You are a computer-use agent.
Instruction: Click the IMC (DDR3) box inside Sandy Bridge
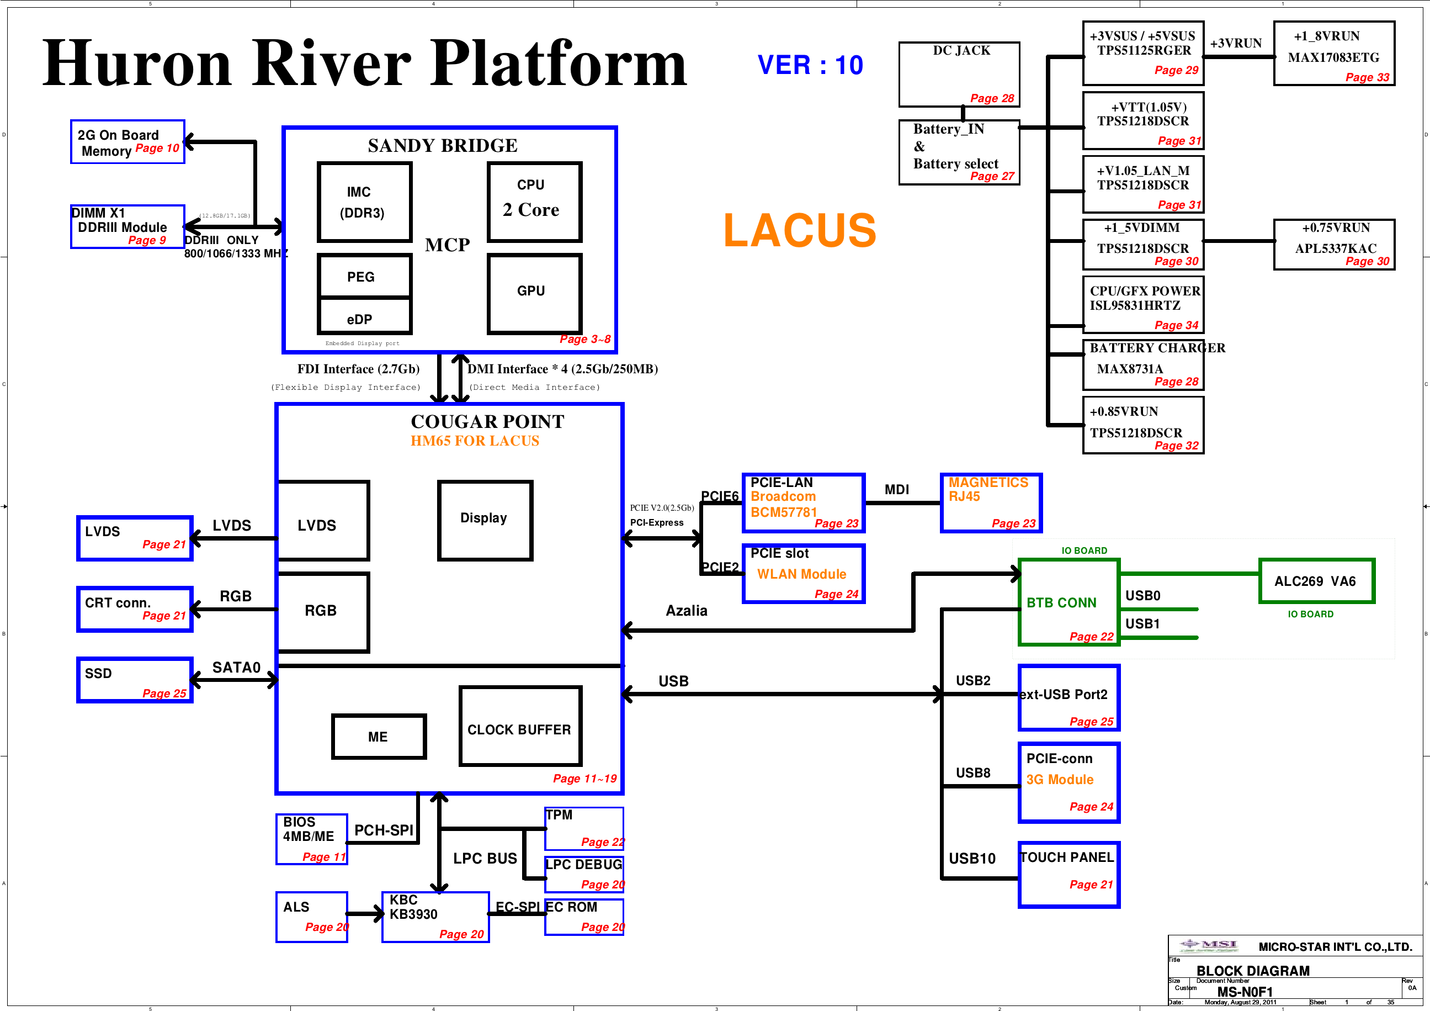(364, 202)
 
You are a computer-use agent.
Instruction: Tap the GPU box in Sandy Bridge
(534, 293)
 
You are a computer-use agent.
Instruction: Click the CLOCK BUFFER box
(520, 726)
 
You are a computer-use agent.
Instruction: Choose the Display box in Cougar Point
(485, 520)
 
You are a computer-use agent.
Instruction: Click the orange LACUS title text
(800, 230)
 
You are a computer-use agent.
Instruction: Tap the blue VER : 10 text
(810, 65)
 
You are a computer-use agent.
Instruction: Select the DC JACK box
(959, 74)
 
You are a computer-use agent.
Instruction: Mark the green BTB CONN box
(1068, 602)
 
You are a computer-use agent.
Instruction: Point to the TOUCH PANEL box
(1068, 874)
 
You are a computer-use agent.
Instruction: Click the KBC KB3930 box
(435, 917)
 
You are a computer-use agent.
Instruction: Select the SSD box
(135, 680)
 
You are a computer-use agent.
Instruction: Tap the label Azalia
(687, 611)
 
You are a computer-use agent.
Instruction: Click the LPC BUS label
(485, 859)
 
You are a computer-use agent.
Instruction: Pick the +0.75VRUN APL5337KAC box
(1333, 244)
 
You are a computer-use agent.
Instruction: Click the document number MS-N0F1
(1245, 992)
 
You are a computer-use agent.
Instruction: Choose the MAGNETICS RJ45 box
(990, 502)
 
